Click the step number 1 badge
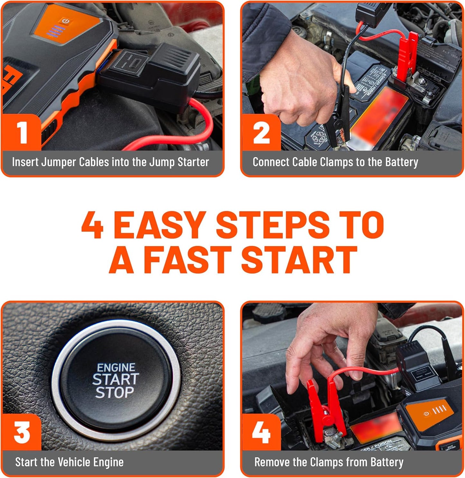point(22,132)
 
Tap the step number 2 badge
point(261,132)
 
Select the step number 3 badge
point(22,432)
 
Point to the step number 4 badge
point(261,432)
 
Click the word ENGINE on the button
point(116,368)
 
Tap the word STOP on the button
point(115,393)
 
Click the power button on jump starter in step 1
point(66,21)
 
